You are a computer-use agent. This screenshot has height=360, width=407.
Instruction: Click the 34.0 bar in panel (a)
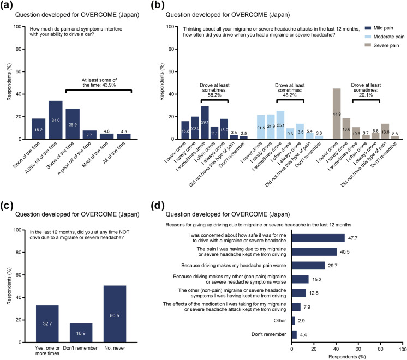point(55,120)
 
